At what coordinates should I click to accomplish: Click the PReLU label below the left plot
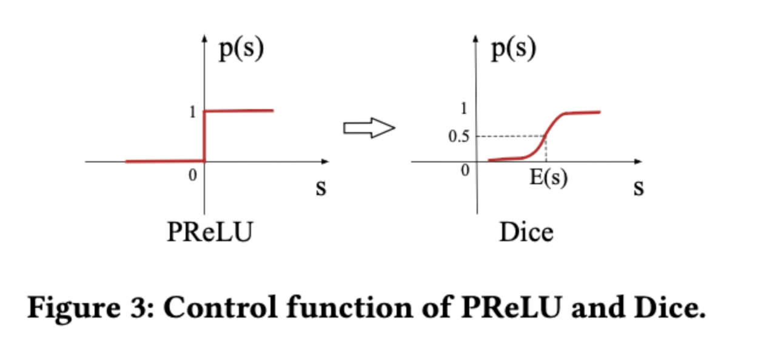point(209,233)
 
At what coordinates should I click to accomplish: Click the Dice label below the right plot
point(526,233)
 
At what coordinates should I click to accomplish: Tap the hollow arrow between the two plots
point(369,128)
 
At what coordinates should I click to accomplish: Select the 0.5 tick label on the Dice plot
point(458,136)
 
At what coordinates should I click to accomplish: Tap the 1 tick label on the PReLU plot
point(193,112)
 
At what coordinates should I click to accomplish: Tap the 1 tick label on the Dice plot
point(465,109)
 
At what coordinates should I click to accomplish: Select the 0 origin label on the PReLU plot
point(193,176)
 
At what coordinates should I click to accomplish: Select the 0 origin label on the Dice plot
point(465,171)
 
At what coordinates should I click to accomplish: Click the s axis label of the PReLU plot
point(321,188)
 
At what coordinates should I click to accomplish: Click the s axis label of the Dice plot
point(638,188)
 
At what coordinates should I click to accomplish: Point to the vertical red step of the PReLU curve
point(204,136)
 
